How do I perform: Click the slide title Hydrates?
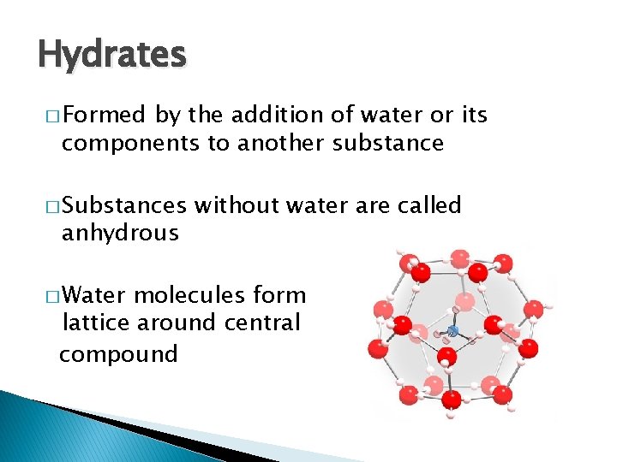pos(111,55)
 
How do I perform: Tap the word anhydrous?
pos(120,233)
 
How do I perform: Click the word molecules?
pos(193,295)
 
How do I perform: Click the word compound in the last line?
pos(118,353)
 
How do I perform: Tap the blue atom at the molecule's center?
pos(453,329)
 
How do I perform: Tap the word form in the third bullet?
pos(279,295)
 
